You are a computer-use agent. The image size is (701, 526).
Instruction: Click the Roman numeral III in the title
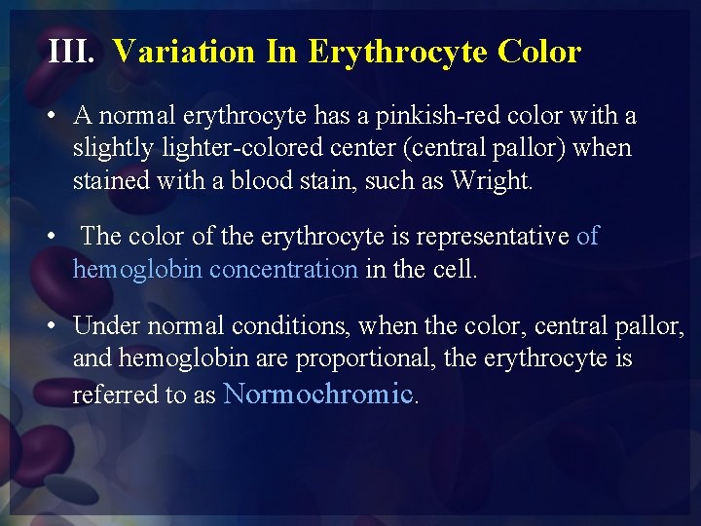pos(70,52)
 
